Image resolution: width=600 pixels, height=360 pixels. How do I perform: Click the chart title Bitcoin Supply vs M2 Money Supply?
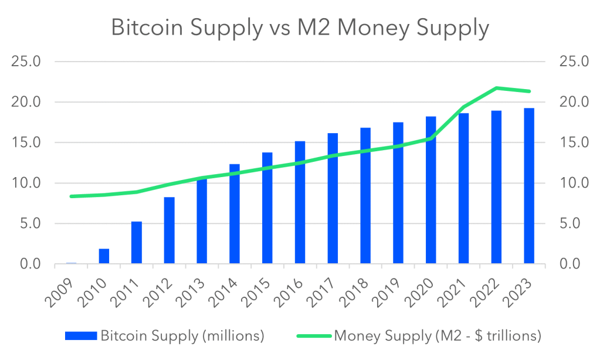tap(300, 28)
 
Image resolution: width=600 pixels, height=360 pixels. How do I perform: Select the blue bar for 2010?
tap(104, 256)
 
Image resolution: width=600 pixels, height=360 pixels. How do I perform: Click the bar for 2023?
tap(529, 186)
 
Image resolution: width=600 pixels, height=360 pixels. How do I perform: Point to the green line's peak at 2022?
tap(496, 88)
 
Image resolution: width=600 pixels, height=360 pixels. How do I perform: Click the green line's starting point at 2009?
tap(71, 196)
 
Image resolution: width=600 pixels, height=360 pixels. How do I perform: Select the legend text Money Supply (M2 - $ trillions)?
tap(437, 336)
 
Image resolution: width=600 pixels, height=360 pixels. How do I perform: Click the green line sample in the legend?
tap(314, 336)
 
